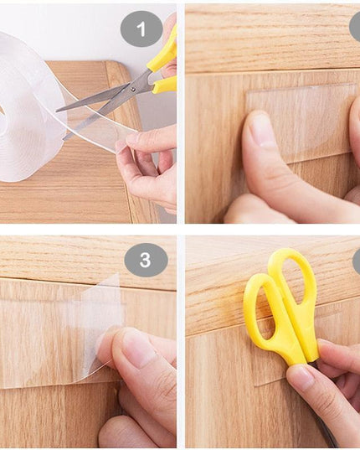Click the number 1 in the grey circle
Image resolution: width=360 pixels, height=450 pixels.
(141, 29)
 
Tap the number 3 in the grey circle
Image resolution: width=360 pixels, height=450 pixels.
(146, 260)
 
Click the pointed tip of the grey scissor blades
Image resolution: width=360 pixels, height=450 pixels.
(59, 109)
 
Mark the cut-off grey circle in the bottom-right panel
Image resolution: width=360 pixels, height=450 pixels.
(356, 260)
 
